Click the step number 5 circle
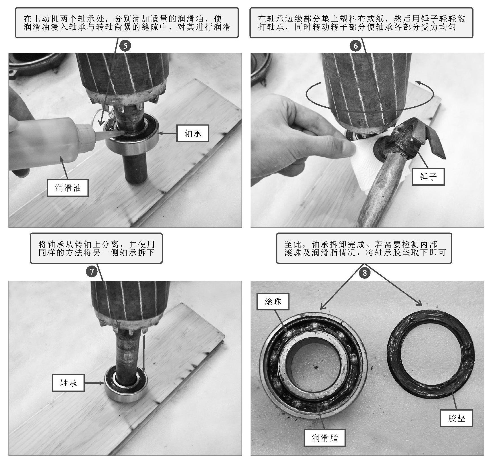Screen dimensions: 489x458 coord(125,46)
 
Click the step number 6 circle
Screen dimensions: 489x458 coord(356,46)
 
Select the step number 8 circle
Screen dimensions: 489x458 coord(365,273)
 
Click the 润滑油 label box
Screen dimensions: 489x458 coord(68,188)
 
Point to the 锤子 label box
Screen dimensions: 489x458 coord(428,177)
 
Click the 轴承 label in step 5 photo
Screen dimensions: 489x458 coord(193,133)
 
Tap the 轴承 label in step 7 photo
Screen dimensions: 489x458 coord(68,383)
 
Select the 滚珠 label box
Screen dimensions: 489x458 coord(273,301)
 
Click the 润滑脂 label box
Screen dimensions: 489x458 coord(325,438)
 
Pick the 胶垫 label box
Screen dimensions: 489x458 coord(457,418)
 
